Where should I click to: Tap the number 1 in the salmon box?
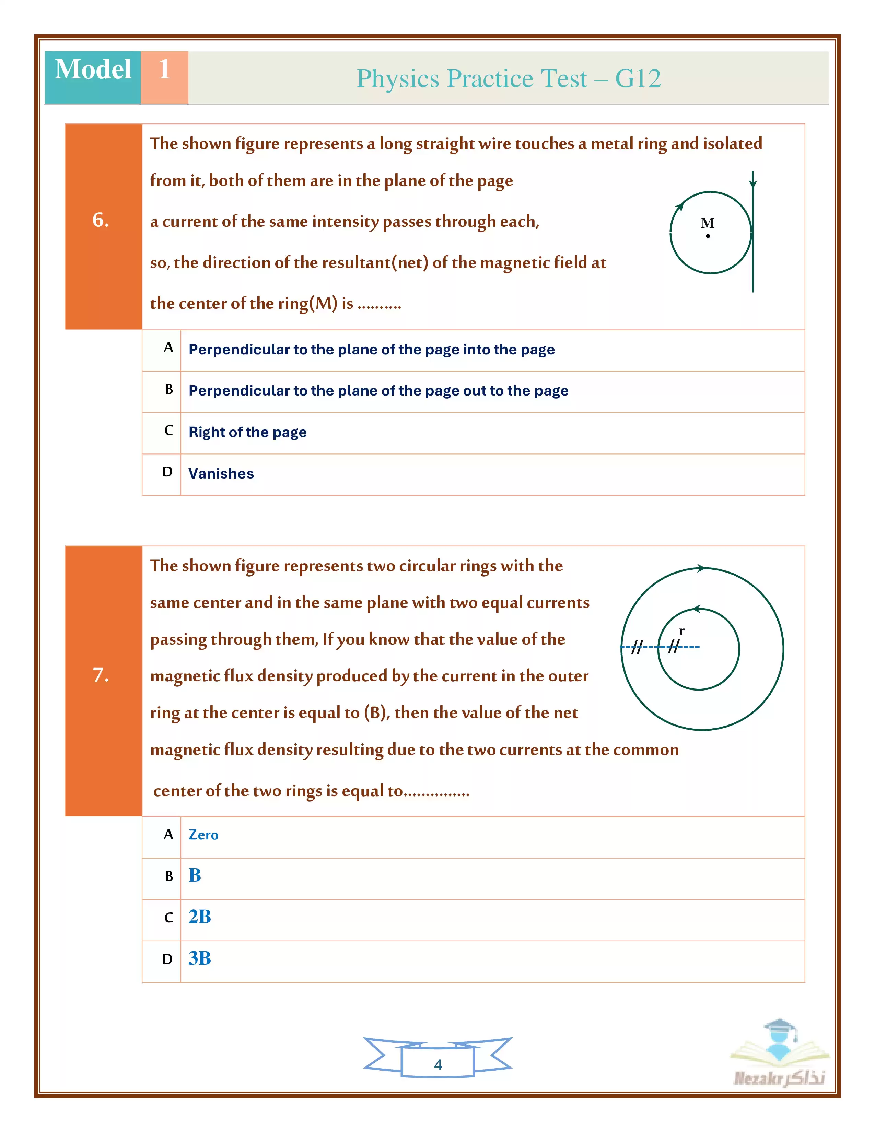tap(164, 69)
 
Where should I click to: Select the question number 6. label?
tap(101, 220)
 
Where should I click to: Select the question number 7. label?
tap(101, 675)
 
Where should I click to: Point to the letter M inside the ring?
tap(708, 223)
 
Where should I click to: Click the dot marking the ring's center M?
tap(708, 236)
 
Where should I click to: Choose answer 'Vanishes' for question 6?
tap(221, 474)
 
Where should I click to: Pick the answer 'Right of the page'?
tap(247, 432)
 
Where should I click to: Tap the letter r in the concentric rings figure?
tap(682, 631)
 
